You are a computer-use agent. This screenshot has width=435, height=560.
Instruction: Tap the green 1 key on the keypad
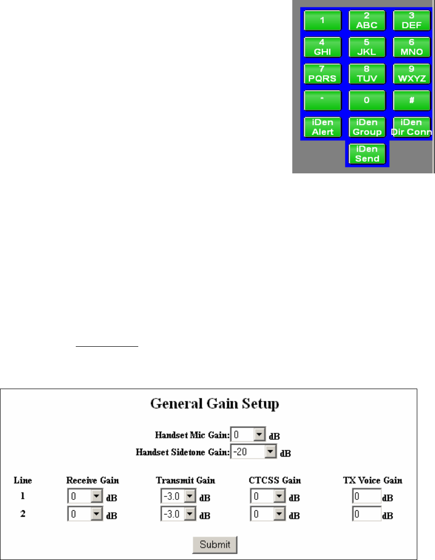pos(322,21)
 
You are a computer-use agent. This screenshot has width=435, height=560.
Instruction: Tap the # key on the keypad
pos(411,100)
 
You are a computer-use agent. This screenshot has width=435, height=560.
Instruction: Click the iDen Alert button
pos(322,127)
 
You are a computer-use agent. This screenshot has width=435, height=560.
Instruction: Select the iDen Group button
pos(367,127)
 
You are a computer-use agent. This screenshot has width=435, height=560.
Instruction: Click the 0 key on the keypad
pos(367,100)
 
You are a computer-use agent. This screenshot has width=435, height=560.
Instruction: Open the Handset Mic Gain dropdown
pos(259,435)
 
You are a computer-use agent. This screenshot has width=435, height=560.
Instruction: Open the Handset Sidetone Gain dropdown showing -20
pos(271,451)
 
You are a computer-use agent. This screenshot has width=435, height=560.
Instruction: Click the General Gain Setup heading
pos(215,404)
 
